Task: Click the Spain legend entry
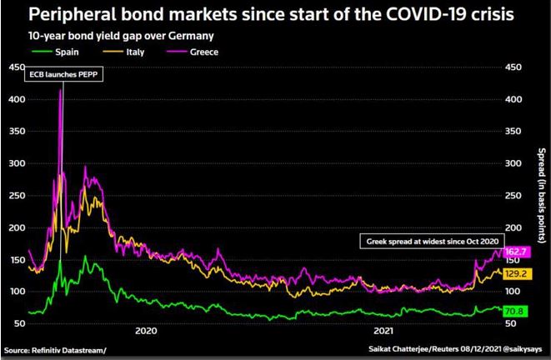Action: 59,52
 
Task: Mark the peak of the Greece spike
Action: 61,89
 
